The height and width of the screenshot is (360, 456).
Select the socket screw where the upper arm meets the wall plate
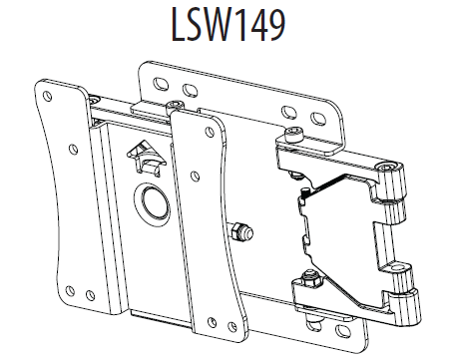click(x=290, y=137)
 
